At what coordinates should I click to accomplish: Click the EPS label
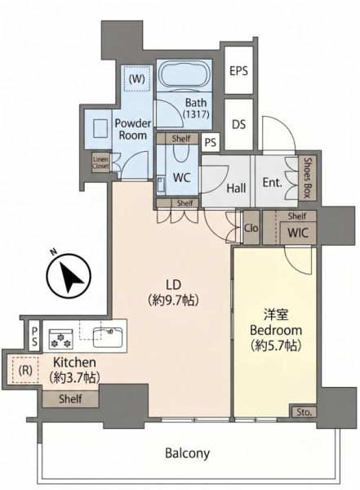238,71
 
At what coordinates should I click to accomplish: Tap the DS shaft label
238,124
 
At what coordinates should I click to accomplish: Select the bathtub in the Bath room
184,76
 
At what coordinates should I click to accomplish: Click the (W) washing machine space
137,78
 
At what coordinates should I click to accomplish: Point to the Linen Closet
100,163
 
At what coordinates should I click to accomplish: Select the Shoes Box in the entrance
307,177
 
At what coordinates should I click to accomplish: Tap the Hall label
236,188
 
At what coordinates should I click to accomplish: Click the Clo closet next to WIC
251,228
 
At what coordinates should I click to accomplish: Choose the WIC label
298,233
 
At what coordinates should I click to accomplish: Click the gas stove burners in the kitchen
61,339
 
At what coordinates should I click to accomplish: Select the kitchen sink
108,336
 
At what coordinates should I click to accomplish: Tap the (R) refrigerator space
25,370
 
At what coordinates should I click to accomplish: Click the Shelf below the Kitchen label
70,399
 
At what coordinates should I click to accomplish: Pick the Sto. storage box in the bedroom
304,412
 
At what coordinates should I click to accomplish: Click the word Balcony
188,452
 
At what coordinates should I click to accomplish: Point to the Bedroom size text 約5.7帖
276,345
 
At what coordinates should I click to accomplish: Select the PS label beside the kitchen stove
34,336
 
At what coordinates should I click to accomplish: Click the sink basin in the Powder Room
100,128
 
